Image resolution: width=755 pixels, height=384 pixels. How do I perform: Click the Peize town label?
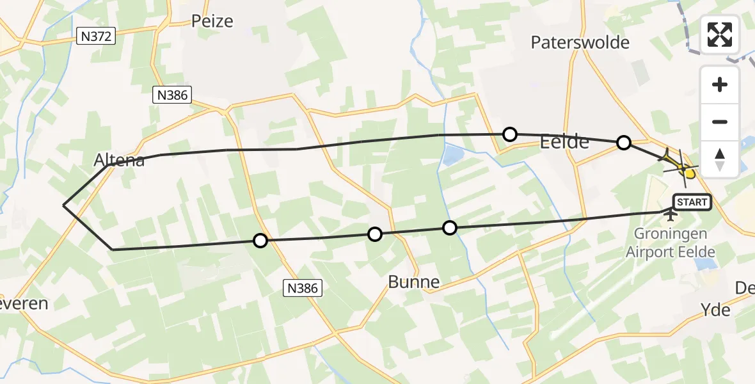pyautogui.click(x=212, y=21)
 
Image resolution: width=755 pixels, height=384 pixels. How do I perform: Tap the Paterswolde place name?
pyautogui.click(x=580, y=43)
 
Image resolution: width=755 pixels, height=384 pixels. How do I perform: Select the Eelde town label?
pyautogui.click(x=564, y=142)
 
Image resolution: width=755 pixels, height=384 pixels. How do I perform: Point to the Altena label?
pyautogui.click(x=119, y=161)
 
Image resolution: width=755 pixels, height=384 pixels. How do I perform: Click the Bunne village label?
pyautogui.click(x=414, y=282)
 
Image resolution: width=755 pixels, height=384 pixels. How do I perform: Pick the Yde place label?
pyautogui.click(x=716, y=310)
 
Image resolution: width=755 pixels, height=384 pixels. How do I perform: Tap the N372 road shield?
pyautogui.click(x=96, y=37)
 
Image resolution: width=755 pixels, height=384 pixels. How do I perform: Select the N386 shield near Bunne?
pyautogui.click(x=302, y=289)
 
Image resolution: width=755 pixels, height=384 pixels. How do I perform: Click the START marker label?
pyautogui.click(x=692, y=202)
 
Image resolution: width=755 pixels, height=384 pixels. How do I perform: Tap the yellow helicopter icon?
pyautogui.click(x=682, y=168)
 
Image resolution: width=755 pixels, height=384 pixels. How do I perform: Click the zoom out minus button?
pyautogui.click(x=720, y=122)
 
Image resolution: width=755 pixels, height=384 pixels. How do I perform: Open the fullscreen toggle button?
pyautogui.click(x=720, y=35)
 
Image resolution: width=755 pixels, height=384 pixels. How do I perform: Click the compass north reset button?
pyautogui.click(x=720, y=158)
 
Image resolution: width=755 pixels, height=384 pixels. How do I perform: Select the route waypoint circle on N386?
pyautogui.click(x=260, y=241)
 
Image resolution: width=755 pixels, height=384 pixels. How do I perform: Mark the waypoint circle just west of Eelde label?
pyautogui.click(x=510, y=134)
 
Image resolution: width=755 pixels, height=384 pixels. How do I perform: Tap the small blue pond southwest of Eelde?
pyautogui.click(x=454, y=154)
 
